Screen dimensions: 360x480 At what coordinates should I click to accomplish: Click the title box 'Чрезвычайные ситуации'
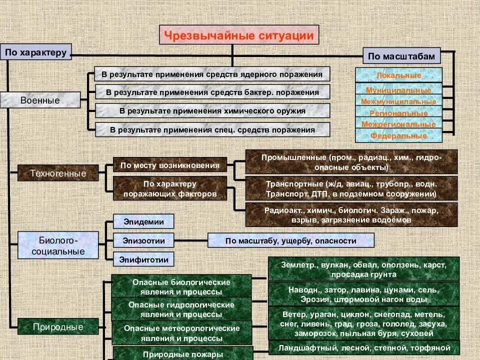239,35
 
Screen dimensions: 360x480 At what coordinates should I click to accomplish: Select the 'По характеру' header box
36,52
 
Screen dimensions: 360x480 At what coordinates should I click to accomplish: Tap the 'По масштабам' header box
401,56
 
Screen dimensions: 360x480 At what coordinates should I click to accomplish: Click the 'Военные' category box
40,100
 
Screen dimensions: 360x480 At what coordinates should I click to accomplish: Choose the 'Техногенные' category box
58,173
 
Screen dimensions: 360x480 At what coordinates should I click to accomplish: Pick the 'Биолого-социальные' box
58,244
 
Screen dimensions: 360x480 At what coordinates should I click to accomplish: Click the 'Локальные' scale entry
398,75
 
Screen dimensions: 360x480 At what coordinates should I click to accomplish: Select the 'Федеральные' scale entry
398,135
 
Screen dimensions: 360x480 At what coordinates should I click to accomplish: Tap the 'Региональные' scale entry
398,113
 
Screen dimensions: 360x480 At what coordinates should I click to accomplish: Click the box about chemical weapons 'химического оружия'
212,110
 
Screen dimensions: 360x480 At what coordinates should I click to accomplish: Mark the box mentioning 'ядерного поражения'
212,74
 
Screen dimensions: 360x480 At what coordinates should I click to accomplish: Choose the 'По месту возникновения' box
170,165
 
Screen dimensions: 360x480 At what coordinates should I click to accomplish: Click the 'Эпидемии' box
143,221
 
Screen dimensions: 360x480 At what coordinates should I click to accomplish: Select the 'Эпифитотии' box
143,259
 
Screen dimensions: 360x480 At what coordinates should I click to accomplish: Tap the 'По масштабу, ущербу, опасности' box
290,240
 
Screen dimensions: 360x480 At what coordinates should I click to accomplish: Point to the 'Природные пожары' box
182,354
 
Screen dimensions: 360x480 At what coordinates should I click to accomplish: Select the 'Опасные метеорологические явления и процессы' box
181,333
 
